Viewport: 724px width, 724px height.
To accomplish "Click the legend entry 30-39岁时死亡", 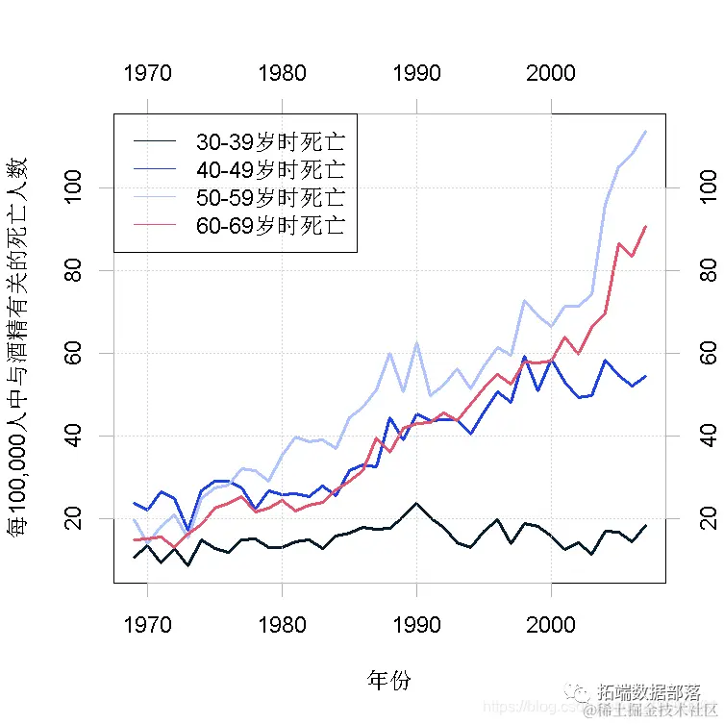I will click(269, 142).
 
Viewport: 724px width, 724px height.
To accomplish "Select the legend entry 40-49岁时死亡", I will click(269, 170).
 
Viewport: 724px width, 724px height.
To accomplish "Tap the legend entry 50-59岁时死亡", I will click(269, 198).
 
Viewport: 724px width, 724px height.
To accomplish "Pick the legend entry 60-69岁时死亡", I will click(269, 226).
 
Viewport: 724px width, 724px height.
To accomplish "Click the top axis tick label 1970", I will click(148, 73).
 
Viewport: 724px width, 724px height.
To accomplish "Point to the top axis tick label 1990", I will click(416, 73).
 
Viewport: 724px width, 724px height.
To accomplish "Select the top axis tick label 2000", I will click(551, 73).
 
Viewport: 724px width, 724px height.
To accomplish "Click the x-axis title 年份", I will click(388, 681).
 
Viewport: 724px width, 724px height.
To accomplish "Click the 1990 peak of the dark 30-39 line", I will click(416, 503).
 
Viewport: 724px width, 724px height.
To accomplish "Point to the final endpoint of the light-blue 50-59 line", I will click(645, 131).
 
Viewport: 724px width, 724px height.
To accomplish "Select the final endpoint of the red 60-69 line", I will click(645, 226).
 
